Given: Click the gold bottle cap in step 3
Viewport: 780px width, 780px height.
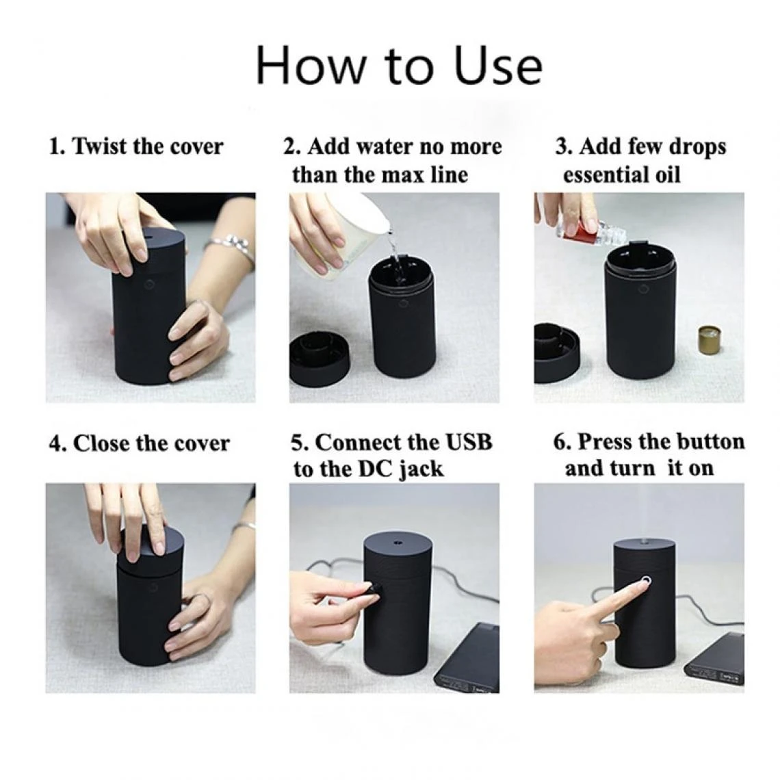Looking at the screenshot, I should pyautogui.click(x=711, y=340).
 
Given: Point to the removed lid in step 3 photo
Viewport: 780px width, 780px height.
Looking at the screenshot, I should pyautogui.click(x=556, y=352).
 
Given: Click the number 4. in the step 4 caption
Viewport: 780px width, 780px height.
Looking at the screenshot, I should pyautogui.click(x=58, y=443).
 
